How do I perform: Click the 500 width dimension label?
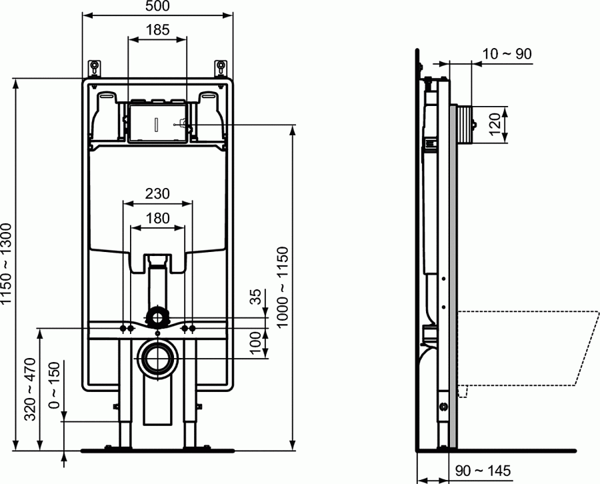(x=157, y=7)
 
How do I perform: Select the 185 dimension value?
(x=157, y=30)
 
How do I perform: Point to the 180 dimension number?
(x=157, y=218)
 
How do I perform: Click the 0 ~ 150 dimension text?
(x=53, y=385)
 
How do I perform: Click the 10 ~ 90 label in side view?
(x=507, y=54)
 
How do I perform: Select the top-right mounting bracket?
(x=221, y=67)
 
